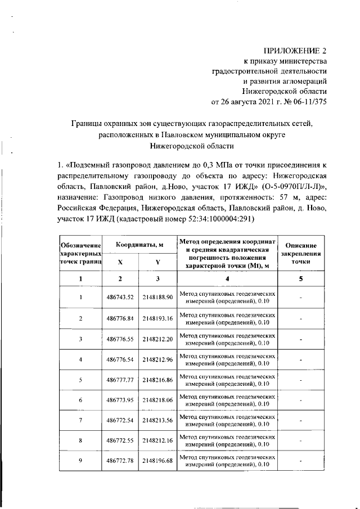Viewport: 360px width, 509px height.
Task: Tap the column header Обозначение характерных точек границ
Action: (x=80, y=254)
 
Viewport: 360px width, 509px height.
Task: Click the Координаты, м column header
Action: (x=139, y=245)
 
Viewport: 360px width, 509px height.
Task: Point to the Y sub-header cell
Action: (x=157, y=262)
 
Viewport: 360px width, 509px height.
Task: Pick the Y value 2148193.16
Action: (x=157, y=318)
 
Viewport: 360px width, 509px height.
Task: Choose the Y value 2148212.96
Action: (x=157, y=359)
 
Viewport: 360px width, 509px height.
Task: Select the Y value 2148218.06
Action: (x=157, y=400)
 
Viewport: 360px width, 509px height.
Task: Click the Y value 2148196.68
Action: (x=157, y=461)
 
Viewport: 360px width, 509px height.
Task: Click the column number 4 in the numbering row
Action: (x=227, y=279)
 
